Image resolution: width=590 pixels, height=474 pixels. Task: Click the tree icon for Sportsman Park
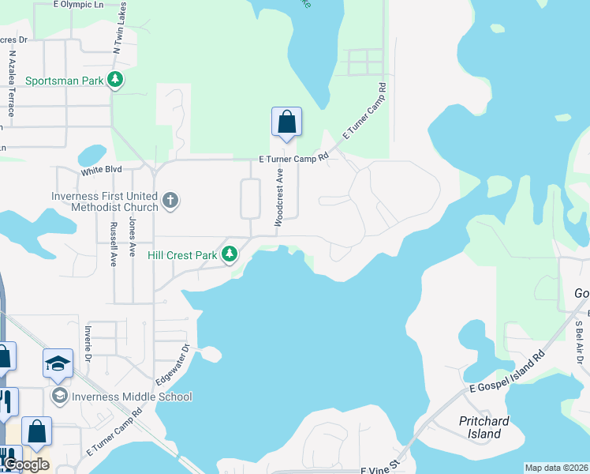click(x=116, y=80)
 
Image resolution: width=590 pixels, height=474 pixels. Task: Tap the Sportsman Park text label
click(x=65, y=81)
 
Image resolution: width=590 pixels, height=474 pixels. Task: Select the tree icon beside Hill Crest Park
click(x=230, y=254)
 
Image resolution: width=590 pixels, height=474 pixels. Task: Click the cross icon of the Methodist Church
click(x=170, y=201)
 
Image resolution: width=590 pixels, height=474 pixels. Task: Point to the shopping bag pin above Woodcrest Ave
click(x=287, y=122)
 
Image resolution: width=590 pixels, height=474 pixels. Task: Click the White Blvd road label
click(x=101, y=170)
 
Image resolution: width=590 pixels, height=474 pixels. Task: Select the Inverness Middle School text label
click(x=132, y=397)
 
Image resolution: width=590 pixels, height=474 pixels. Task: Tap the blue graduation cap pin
click(x=58, y=363)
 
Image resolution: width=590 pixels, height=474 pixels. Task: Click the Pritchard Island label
click(x=484, y=427)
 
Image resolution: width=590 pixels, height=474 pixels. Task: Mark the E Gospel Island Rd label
click(x=504, y=371)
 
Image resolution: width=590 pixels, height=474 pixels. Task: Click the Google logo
click(x=25, y=465)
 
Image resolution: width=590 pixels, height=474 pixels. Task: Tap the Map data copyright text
click(x=556, y=468)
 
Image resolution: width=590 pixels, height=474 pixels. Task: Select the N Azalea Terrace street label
click(x=12, y=84)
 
